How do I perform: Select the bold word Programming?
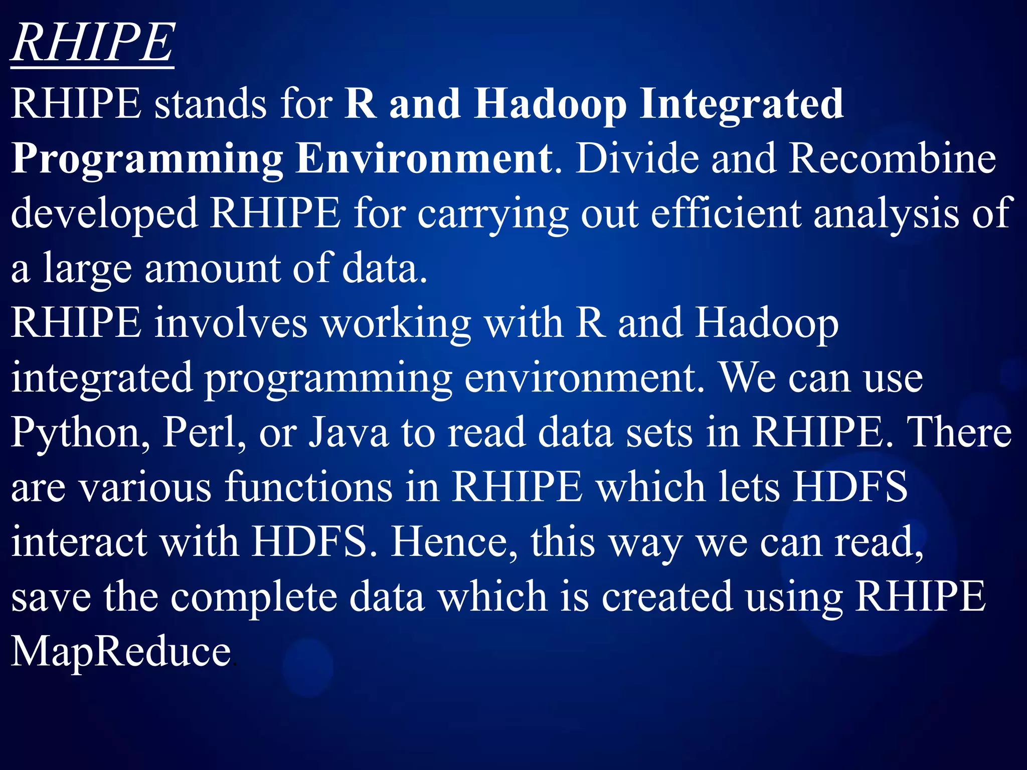pyautogui.click(x=147, y=159)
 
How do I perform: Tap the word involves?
pyautogui.click(x=231, y=323)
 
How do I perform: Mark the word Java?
pyautogui.click(x=348, y=432)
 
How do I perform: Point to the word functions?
pyautogui.click(x=308, y=487)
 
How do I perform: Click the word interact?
pyautogui.click(x=79, y=542)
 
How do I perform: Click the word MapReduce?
pyautogui.click(x=121, y=652)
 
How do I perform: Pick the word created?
pyautogui.click(x=667, y=597)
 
